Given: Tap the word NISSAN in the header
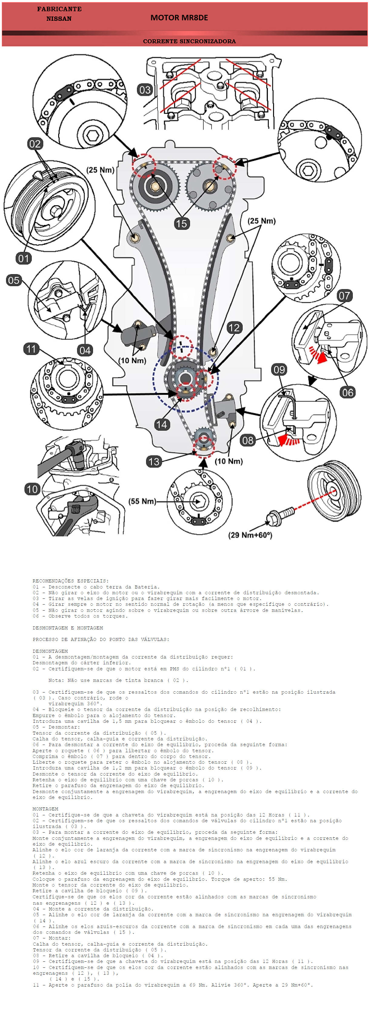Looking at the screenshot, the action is pos(59,18).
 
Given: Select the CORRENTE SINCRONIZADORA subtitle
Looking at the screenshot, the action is pos(189,41).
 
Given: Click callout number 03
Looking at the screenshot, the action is pos(145,90).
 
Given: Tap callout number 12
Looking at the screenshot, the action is pos(234,327).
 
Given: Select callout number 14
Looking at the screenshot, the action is pos(162,424).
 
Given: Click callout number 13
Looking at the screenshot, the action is pos(154,461).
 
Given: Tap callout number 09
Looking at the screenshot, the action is pos(279,369).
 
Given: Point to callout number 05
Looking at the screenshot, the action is pos(13,280).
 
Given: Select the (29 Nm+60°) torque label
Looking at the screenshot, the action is pos(250,535).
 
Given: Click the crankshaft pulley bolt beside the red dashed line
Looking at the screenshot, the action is pos(279,515).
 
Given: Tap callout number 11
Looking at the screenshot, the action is pos(31,349).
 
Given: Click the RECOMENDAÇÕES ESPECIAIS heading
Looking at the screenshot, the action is pos(71,581).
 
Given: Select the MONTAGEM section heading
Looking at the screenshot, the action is pos(45,809).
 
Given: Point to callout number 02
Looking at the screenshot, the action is pos(35,144).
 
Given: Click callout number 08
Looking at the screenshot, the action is pos(247,440).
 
